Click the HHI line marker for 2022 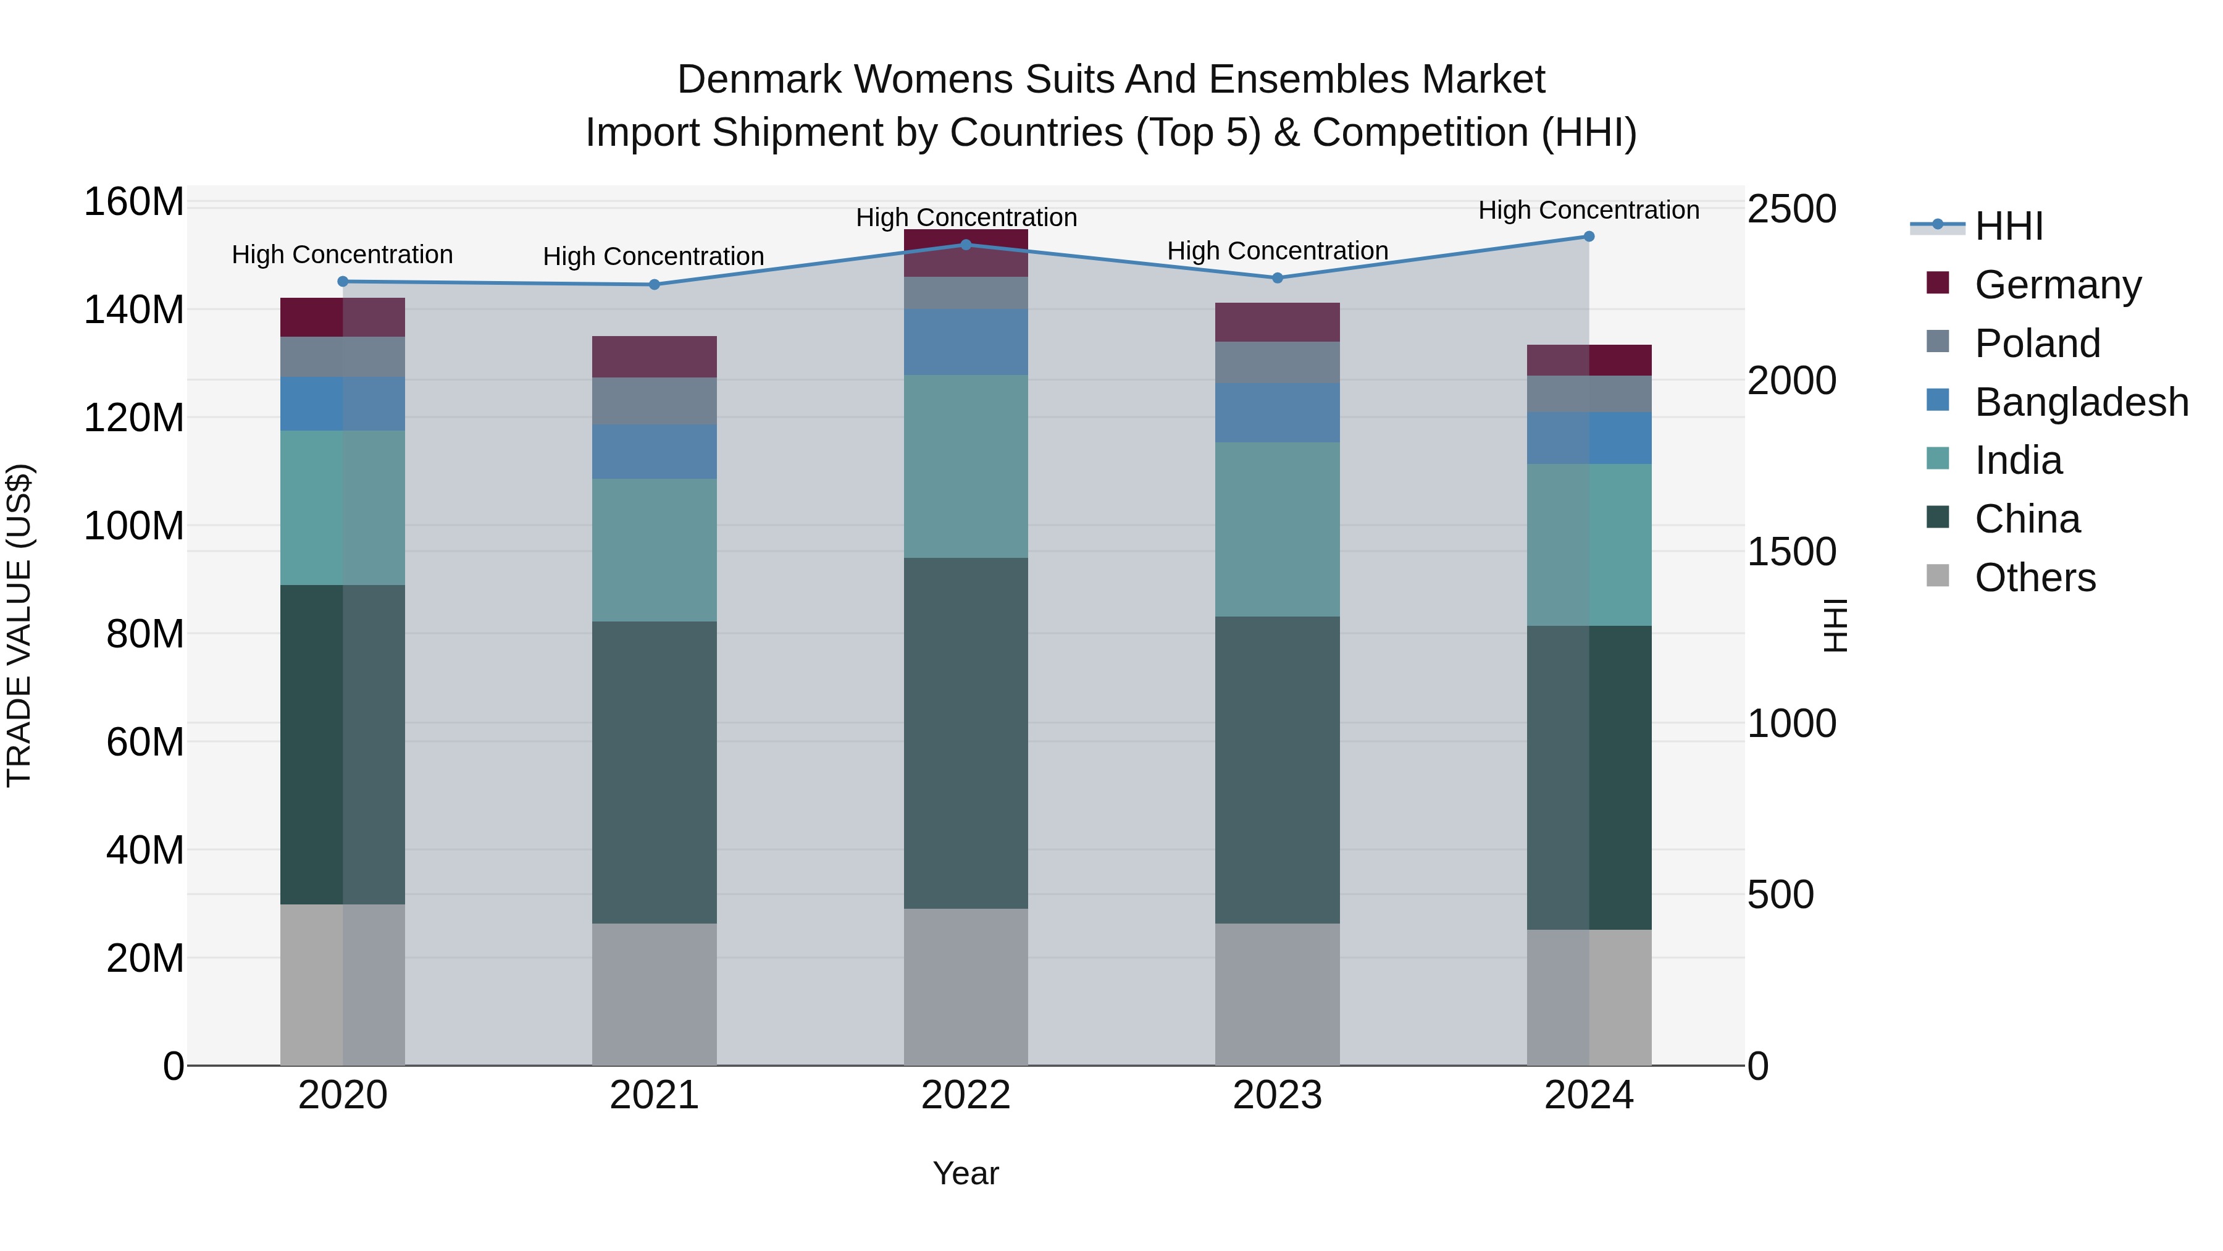[x=966, y=244]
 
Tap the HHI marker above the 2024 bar [x=1589, y=237]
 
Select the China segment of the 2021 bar [x=654, y=773]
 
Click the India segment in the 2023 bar [x=1277, y=529]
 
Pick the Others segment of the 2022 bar [x=966, y=987]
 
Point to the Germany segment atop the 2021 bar [x=654, y=356]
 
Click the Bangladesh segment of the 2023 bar [x=1277, y=413]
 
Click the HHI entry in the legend [x=2008, y=226]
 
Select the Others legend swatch [x=1937, y=576]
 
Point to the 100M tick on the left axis [x=134, y=526]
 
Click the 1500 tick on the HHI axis [x=1791, y=552]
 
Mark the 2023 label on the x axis [x=1277, y=1095]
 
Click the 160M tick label [x=134, y=202]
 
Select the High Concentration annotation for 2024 [x=1589, y=210]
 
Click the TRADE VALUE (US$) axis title [x=19, y=625]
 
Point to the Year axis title [x=966, y=1173]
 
